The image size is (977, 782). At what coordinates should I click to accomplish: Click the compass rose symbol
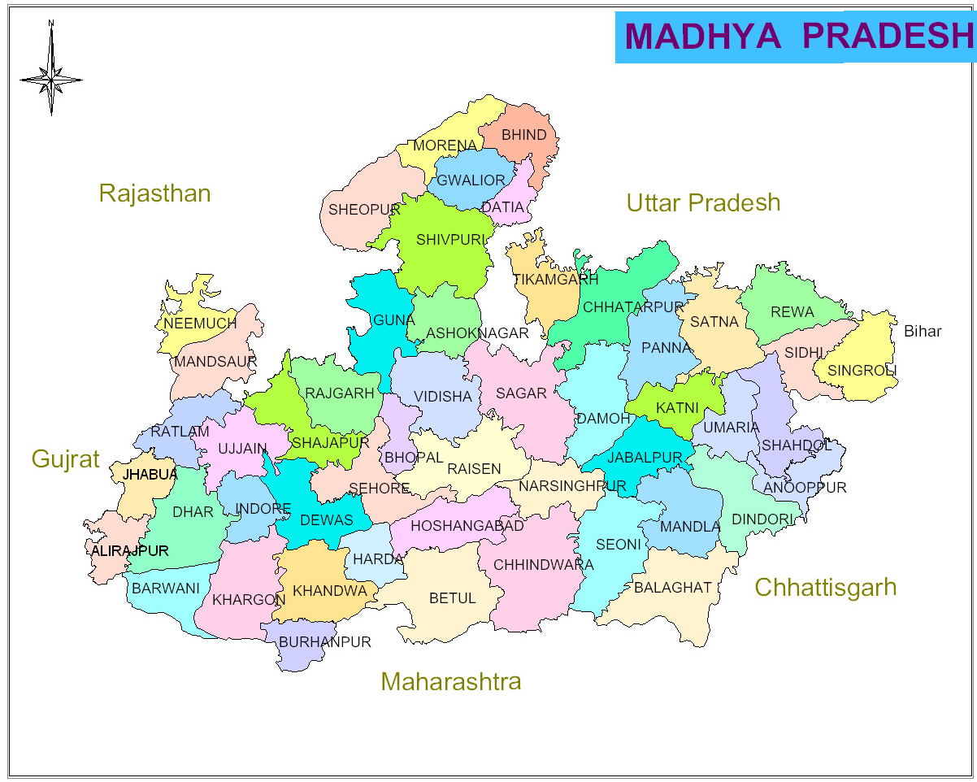click(x=50, y=80)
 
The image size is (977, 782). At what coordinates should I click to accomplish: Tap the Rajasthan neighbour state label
click(x=154, y=193)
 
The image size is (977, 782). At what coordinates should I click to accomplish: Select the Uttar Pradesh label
click(x=703, y=202)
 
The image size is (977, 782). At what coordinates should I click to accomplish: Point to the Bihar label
click(x=923, y=332)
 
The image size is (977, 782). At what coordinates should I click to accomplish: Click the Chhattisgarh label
click(x=825, y=587)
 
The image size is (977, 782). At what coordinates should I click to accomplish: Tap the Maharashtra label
click(x=450, y=681)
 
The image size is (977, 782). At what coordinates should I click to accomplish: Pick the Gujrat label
click(x=65, y=459)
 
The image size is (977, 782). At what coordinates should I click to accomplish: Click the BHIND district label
click(x=524, y=135)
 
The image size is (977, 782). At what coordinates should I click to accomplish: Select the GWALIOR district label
click(x=471, y=180)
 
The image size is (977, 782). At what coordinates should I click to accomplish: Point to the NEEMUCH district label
click(x=200, y=324)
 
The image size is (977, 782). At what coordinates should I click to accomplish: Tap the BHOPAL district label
click(x=414, y=458)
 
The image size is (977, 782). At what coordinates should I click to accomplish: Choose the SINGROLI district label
click(x=862, y=371)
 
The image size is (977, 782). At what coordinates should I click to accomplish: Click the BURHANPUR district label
click(x=324, y=642)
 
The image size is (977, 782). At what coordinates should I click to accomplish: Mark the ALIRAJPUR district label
click(x=130, y=551)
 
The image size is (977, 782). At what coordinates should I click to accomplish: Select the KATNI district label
click(x=677, y=408)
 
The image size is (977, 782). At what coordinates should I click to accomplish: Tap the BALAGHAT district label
click(x=673, y=588)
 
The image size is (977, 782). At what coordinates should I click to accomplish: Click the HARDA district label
click(x=378, y=559)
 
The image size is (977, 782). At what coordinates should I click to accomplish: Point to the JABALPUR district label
click(x=645, y=458)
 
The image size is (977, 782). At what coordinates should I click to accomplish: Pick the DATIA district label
click(x=502, y=207)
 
